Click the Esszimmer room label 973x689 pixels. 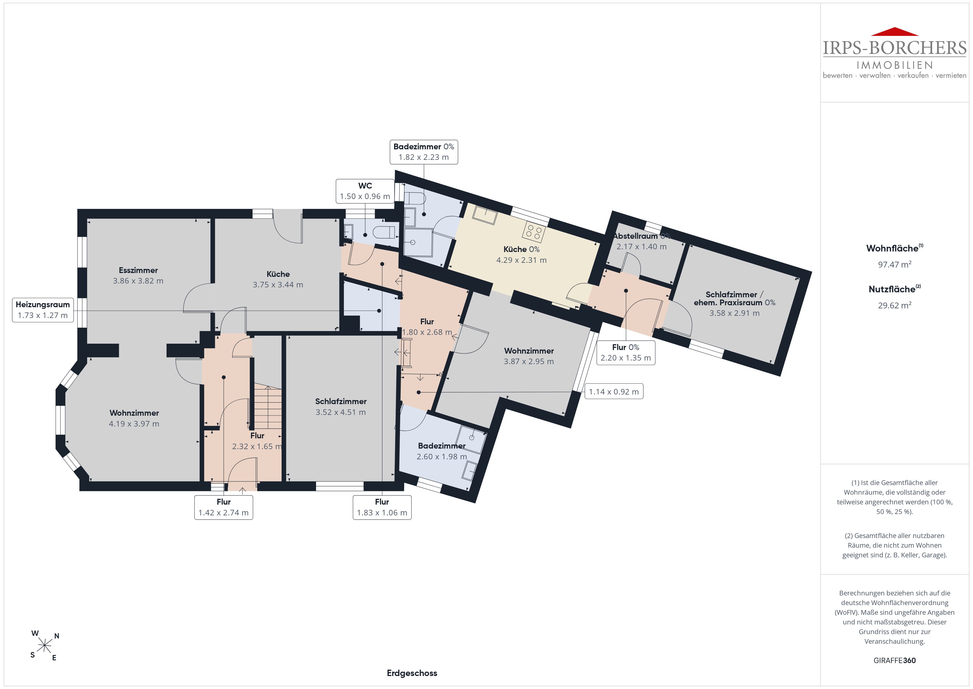(138, 270)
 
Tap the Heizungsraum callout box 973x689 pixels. (43, 310)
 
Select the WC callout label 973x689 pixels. (365, 191)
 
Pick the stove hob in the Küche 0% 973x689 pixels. (534, 232)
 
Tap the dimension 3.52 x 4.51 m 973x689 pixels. (341, 412)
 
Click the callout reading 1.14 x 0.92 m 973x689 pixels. (614, 392)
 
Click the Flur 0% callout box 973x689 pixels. (625, 353)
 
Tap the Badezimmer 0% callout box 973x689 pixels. (424, 152)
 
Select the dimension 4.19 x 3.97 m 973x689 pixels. (134, 423)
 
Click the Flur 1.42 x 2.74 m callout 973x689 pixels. (224, 507)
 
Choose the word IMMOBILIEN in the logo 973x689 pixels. (895, 65)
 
